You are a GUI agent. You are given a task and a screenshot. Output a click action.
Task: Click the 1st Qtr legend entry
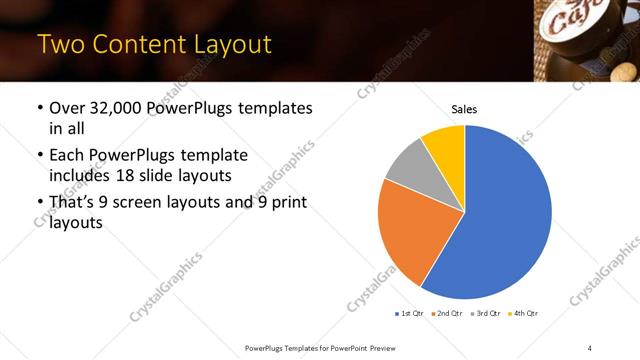coord(411,314)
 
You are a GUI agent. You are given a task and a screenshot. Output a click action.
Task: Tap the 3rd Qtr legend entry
coord(486,314)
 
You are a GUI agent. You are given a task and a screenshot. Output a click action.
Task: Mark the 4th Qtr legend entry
coord(524,314)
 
